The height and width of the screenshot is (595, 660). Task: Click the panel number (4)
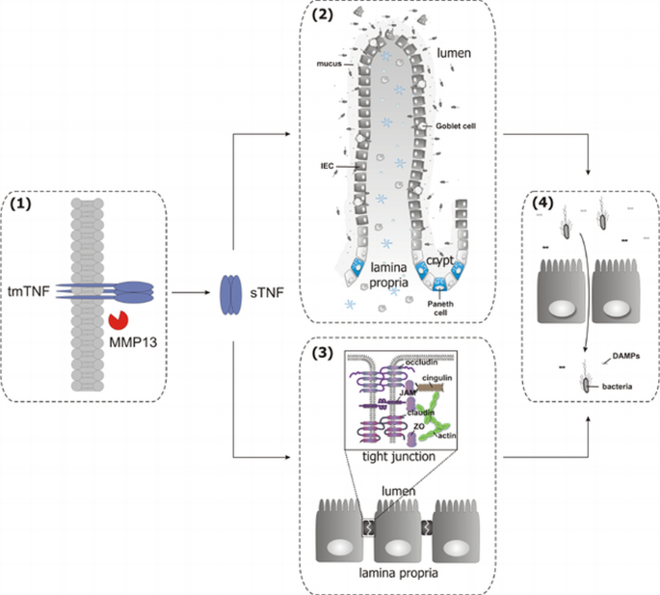pyautogui.click(x=546, y=203)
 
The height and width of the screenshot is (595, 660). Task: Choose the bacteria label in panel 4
pyautogui.click(x=614, y=384)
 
